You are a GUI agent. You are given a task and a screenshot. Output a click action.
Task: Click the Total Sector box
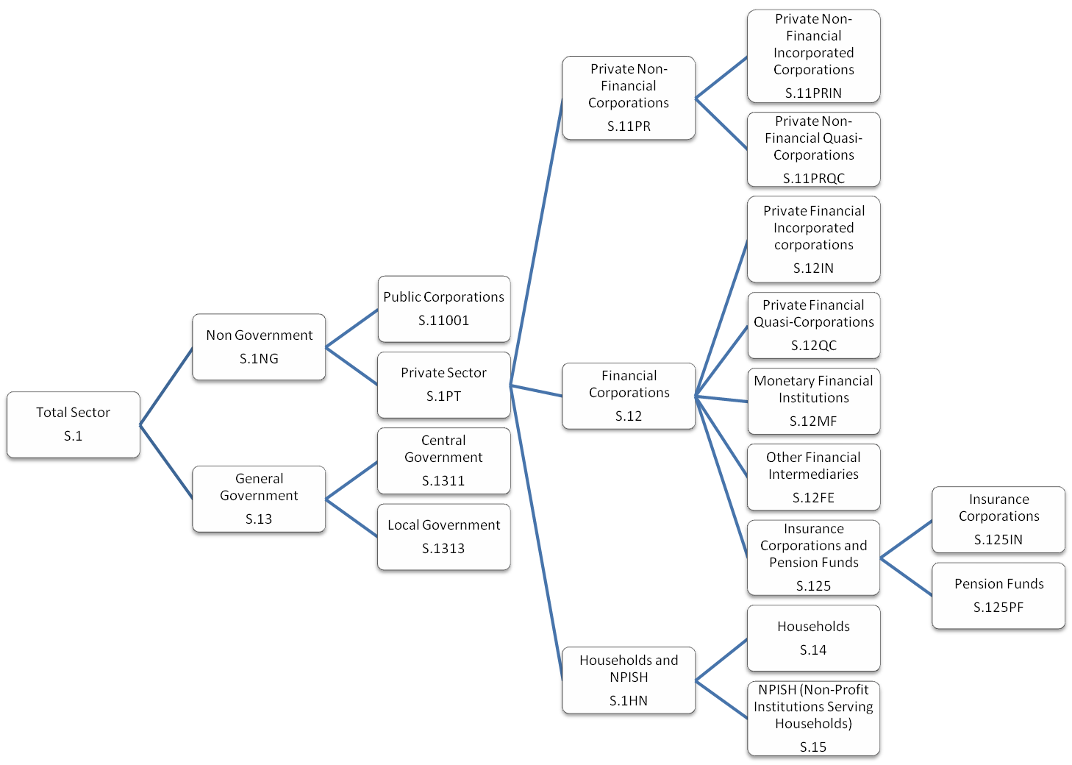pyautogui.click(x=73, y=425)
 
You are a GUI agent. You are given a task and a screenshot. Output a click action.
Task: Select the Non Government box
pyautogui.click(x=259, y=347)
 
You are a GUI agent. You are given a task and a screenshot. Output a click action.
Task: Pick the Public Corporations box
pyautogui.click(x=443, y=309)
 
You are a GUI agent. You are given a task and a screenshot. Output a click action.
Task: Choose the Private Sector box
pyautogui.click(x=443, y=385)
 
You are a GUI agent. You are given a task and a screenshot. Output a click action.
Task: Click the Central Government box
pyautogui.click(x=443, y=460)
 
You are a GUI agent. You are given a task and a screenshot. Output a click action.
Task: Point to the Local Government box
pyautogui.click(x=443, y=537)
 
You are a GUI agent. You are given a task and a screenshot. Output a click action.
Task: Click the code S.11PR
pyautogui.click(x=629, y=127)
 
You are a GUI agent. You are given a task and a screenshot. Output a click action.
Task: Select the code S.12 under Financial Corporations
pyautogui.click(x=629, y=416)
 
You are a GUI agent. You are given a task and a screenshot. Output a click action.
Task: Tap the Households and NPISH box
pyautogui.click(x=629, y=680)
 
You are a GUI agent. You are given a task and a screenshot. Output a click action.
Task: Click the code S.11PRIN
pyautogui.click(x=813, y=93)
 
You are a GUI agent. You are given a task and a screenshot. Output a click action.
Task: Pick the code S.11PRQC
pyautogui.click(x=813, y=179)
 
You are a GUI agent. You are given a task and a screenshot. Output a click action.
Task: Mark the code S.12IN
pyautogui.click(x=813, y=268)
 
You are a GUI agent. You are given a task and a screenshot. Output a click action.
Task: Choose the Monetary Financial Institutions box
pyautogui.click(x=813, y=402)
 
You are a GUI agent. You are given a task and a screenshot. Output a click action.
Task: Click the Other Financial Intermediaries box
pyautogui.click(x=813, y=477)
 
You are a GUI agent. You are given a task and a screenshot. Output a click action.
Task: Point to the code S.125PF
pyautogui.click(x=998, y=608)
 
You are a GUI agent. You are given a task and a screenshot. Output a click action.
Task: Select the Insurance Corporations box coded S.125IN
pyautogui.click(x=998, y=519)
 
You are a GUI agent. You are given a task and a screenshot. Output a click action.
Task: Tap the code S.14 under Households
pyautogui.click(x=813, y=650)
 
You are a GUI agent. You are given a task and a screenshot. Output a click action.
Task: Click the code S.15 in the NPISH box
pyautogui.click(x=813, y=747)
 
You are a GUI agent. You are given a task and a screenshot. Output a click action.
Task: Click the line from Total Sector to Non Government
pyautogui.click(x=166, y=385)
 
